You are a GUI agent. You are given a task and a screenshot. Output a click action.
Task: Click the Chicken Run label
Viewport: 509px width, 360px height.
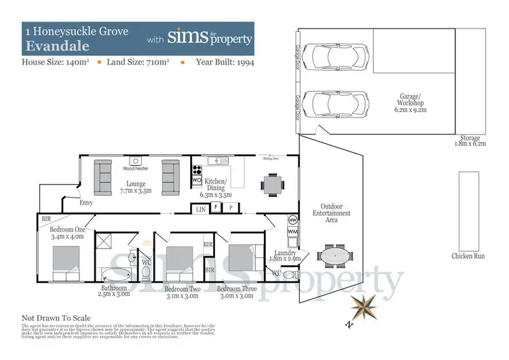[468, 256]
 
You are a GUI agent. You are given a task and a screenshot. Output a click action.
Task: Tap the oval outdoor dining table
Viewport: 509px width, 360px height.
[336, 257]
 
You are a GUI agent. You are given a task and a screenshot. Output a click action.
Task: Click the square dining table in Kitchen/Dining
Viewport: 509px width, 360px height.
[274, 183]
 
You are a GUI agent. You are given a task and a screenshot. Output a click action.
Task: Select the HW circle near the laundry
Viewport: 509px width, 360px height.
[293, 221]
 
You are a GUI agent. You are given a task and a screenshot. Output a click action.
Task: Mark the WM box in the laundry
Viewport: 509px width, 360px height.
[293, 232]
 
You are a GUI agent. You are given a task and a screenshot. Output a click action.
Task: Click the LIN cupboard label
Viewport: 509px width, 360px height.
[201, 210]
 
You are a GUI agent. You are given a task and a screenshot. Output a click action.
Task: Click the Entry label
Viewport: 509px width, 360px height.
[86, 202]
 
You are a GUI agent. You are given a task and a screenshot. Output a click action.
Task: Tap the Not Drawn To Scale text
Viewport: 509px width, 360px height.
[56, 318]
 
